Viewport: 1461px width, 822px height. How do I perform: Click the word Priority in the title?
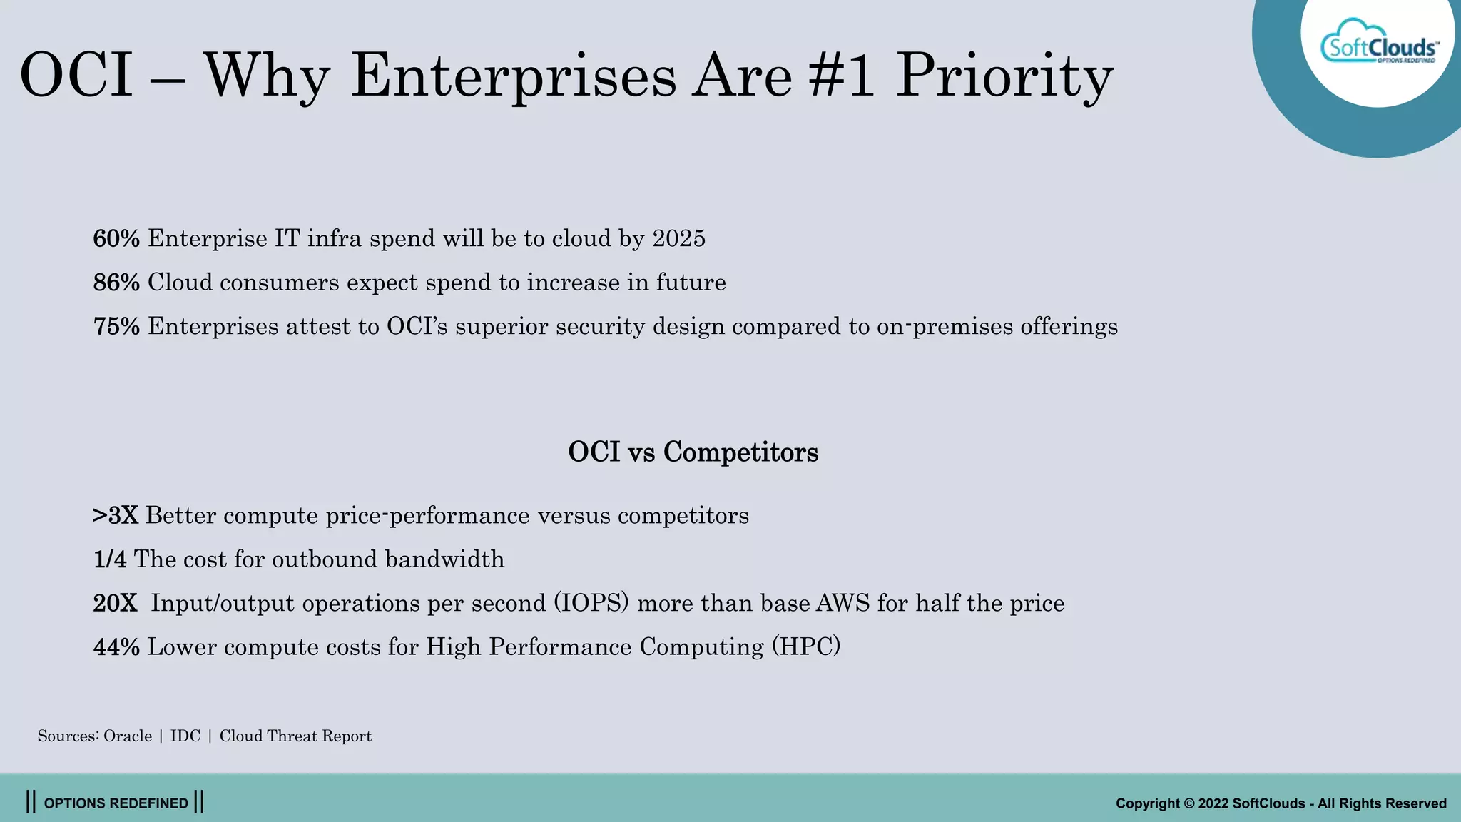coord(1004,76)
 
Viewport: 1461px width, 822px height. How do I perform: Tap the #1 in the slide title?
coord(841,76)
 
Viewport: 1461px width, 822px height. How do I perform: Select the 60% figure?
coord(116,238)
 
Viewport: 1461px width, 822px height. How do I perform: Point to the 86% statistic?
coord(116,283)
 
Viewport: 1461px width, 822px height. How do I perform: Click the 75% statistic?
coord(116,326)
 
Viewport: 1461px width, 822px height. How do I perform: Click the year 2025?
coord(678,238)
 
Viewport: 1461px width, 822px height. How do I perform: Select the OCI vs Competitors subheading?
coord(693,452)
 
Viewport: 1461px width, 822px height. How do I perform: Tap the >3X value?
coord(116,515)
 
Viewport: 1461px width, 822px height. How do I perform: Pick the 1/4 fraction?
coord(110,559)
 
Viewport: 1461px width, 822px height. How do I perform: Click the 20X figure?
coord(115,603)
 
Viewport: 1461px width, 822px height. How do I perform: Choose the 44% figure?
coord(116,646)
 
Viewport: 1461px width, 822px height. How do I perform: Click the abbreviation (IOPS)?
coord(591,603)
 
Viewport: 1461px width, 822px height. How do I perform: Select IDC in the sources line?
coord(185,736)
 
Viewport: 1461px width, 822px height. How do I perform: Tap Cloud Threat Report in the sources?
coord(295,736)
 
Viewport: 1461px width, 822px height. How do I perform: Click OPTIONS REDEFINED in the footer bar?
coord(116,803)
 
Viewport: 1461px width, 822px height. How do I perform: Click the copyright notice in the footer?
coord(1281,803)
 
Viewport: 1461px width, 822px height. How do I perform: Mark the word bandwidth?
coord(444,559)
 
